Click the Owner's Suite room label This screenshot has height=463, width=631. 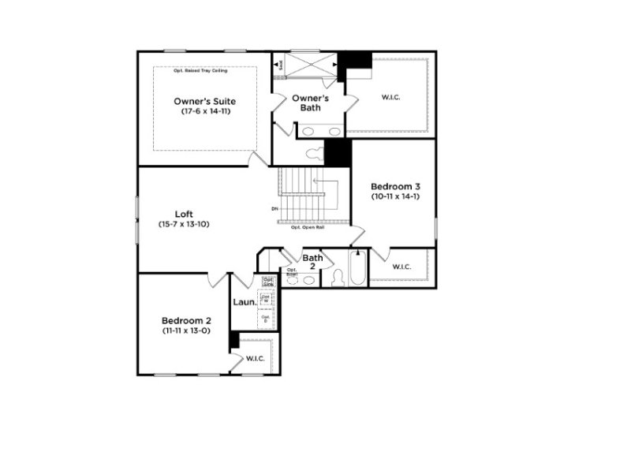[x=204, y=101]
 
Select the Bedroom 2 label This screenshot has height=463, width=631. [x=186, y=320]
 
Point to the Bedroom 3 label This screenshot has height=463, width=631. [x=394, y=185]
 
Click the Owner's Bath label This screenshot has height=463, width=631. [x=310, y=103]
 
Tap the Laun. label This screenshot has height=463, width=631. [x=243, y=302]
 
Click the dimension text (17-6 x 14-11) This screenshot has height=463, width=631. [x=204, y=112]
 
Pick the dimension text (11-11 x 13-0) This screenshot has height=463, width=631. [x=186, y=331]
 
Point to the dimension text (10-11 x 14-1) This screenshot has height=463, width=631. [x=394, y=196]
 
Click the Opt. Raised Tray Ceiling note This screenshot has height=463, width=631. [x=204, y=70]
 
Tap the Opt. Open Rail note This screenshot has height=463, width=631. [x=307, y=228]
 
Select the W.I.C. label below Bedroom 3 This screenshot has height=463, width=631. [x=401, y=267]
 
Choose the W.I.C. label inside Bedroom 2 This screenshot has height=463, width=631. [x=255, y=359]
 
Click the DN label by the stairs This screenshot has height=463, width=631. [x=274, y=208]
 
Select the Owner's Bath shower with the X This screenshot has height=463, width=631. [x=309, y=64]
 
